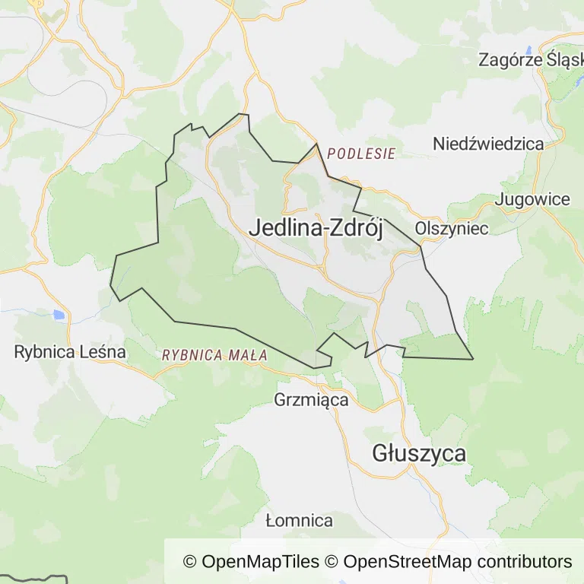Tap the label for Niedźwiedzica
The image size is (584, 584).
[x=488, y=143]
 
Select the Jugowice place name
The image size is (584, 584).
[x=532, y=199]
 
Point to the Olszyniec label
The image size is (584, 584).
[x=452, y=228]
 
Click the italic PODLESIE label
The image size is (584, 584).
[x=361, y=154]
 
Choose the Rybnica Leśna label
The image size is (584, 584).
[x=70, y=352]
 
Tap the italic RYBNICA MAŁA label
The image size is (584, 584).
[x=214, y=354]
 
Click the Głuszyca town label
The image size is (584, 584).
[x=419, y=453]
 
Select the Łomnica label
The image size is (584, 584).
[x=300, y=521]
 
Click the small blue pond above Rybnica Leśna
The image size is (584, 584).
[x=59, y=314]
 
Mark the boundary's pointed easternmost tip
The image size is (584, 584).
[x=473, y=359]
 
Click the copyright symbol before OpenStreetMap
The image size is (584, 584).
[x=332, y=562]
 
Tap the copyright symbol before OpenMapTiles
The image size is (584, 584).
[x=190, y=562]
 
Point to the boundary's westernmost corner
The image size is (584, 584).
[x=111, y=285]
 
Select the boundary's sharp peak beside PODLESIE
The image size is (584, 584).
[x=316, y=144]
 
